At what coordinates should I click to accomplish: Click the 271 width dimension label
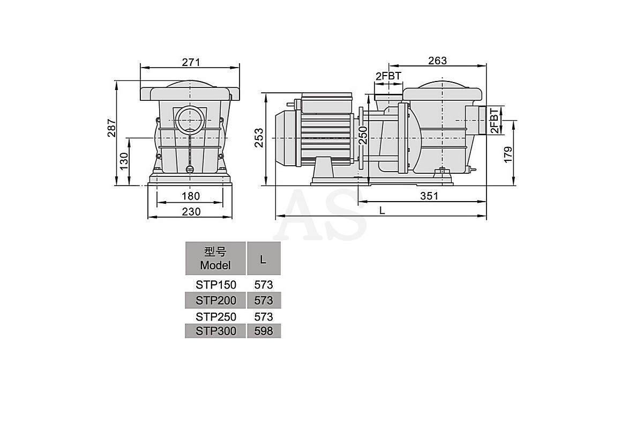[x=191, y=62]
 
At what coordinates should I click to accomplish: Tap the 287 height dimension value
[x=111, y=128]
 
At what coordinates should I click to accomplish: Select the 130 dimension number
[x=124, y=161]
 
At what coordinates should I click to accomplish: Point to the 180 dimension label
[x=191, y=196]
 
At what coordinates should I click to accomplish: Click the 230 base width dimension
[x=191, y=212]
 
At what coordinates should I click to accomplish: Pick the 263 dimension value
[x=437, y=61]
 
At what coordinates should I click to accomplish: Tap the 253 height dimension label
[x=259, y=138]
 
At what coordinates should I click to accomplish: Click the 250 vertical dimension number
[x=363, y=135]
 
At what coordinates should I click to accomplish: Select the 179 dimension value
[x=508, y=155]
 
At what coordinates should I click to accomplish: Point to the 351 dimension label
[x=429, y=196]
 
